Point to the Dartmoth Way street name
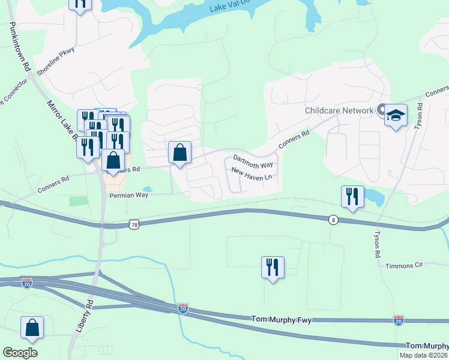pos(253,163)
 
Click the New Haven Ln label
pos(252,177)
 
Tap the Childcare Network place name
pos(339,110)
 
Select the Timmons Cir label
pos(404,265)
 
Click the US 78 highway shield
pos(134,224)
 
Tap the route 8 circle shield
pos(333,220)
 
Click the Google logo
pos(20,353)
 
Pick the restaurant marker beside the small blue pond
pos(352,197)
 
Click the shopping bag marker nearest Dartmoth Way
pos(180,153)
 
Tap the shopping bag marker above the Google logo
pos(32,328)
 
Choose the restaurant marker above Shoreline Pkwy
pos(80,4)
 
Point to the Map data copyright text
pos(423,355)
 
